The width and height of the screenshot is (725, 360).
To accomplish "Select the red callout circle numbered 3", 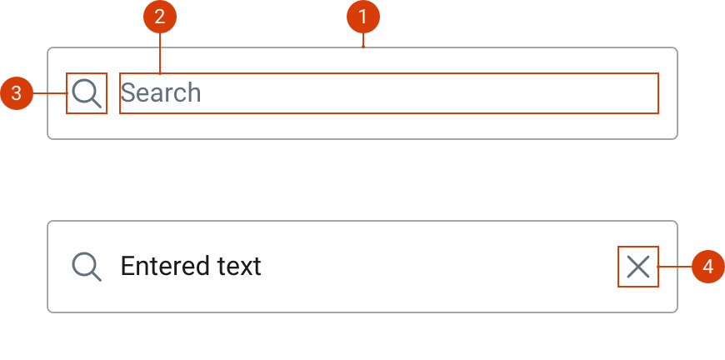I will [17, 93].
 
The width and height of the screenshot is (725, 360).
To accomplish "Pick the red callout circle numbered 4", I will [707, 267].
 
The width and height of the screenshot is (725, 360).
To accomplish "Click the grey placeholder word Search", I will [161, 92].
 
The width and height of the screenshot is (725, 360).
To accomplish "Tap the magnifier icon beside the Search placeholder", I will [87, 93].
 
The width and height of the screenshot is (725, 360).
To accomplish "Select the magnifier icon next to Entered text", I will [87, 267].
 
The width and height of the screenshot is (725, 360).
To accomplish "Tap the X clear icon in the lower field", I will [638, 267].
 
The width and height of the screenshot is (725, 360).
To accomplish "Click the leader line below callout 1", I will [362, 41].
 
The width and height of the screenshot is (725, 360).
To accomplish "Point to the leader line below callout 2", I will [160, 53].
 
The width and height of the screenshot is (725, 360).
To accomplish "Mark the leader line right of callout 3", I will [49, 93].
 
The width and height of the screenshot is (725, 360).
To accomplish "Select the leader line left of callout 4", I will [675, 267].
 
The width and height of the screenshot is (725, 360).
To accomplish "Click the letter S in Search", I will [128, 92].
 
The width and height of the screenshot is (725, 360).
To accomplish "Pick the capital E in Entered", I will [127, 267].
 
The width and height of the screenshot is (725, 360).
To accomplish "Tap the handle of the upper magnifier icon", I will [97, 103].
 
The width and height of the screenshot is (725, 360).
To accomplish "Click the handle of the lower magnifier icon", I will [97, 276].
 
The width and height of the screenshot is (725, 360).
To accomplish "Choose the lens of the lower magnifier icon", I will [83, 263].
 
